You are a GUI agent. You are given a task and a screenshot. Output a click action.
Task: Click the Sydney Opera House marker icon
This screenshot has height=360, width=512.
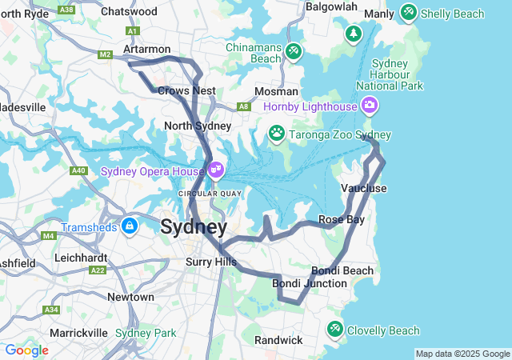(x=216, y=170)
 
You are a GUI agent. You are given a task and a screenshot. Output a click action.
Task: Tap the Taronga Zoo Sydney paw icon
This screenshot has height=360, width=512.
(x=277, y=132)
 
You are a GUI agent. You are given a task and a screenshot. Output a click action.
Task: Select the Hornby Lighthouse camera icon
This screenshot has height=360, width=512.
(x=370, y=105)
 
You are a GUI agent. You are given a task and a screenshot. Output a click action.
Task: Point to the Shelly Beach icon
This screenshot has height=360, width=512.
(x=409, y=13)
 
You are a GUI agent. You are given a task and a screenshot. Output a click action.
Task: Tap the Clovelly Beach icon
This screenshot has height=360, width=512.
(x=334, y=329)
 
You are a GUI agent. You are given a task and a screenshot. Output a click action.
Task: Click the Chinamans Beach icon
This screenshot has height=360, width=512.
(x=294, y=51)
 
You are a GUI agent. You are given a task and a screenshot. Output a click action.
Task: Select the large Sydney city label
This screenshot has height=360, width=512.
(x=194, y=227)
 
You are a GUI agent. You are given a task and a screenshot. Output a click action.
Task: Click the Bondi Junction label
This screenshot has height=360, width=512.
(x=310, y=283)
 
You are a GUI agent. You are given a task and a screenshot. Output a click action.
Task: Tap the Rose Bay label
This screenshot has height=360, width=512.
(x=342, y=219)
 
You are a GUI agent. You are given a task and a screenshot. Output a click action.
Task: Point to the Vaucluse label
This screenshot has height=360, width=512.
(x=364, y=188)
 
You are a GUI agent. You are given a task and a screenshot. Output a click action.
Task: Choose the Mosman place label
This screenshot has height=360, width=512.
(x=276, y=92)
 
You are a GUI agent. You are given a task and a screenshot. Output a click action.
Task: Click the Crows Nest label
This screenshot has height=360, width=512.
(x=186, y=90)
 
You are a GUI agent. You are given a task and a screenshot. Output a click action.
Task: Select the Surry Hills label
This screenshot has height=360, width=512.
(x=211, y=262)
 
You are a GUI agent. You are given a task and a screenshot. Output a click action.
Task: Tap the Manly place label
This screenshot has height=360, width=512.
(x=379, y=14)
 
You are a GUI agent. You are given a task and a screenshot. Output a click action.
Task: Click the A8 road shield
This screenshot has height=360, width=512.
(x=242, y=106)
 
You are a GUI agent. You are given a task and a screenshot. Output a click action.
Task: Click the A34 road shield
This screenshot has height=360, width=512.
(x=51, y=310)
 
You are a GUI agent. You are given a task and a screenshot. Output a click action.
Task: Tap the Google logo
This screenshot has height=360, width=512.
(x=26, y=350)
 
